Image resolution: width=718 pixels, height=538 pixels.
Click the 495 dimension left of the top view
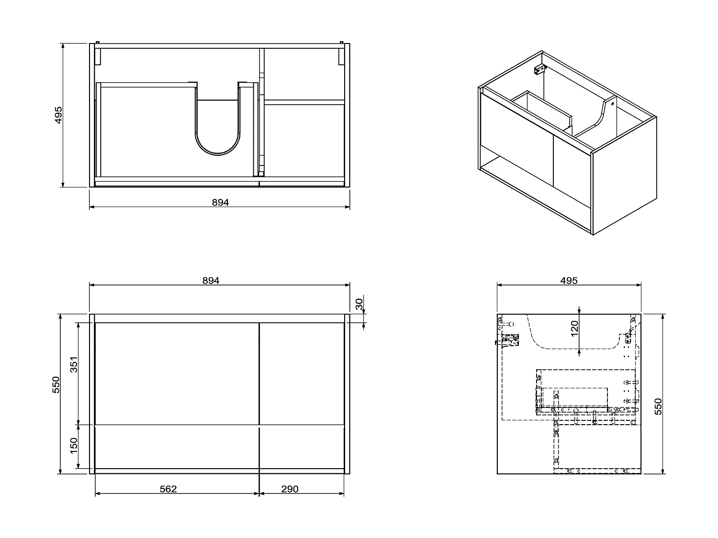coord(58,115)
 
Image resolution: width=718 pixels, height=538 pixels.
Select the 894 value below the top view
coord(220,202)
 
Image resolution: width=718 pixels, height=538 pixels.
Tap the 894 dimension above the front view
coord(211,281)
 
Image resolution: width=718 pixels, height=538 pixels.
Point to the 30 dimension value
coord(359,304)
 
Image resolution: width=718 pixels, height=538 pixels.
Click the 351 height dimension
coord(74,366)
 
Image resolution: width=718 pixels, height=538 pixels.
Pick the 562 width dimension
coord(168,489)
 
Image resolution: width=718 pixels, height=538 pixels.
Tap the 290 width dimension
coord(290,489)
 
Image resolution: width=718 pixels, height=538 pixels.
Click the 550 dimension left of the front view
coord(56,385)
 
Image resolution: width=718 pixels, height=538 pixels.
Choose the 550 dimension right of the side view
coord(658,406)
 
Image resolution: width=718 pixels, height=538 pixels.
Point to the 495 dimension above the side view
coord(569,281)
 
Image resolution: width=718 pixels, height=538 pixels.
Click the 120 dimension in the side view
coord(574,329)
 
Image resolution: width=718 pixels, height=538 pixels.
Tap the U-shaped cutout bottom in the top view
coord(218,152)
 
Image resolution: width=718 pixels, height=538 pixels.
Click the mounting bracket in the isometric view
coord(540,70)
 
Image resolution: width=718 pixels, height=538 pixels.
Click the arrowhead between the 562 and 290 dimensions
coord(259,494)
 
